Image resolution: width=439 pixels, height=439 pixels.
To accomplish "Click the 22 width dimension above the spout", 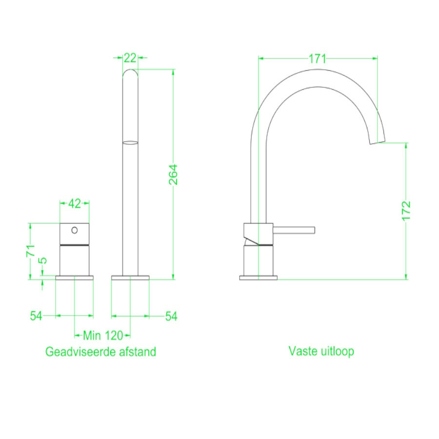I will click(x=130, y=58).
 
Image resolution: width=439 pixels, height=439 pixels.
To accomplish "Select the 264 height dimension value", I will click(x=174, y=174).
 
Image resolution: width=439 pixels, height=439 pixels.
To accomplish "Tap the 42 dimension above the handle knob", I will click(x=74, y=203).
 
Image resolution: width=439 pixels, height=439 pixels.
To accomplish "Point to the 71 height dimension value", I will click(x=30, y=251).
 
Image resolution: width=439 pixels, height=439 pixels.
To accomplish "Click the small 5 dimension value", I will click(x=43, y=260).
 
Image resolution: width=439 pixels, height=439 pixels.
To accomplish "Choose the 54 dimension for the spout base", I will click(x=170, y=316).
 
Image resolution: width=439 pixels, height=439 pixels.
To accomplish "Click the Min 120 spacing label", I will click(x=102, y=335).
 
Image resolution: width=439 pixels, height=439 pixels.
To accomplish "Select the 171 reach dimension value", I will click(x=317, y=59).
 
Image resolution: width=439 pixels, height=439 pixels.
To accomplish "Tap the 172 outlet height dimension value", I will click(x=407, y=211).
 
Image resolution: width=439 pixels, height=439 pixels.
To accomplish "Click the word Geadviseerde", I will click(x=78, y=351).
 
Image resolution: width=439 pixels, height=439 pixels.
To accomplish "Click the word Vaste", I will click(x=302, y=351).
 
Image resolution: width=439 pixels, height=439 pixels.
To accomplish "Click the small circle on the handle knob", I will click(x=75, y=230).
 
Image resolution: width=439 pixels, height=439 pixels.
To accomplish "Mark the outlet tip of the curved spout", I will click(x=378, y=142).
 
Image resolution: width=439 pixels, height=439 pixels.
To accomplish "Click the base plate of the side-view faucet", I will click(x=258, y=278).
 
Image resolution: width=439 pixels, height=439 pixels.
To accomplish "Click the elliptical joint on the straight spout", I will click(x=130, y=142).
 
